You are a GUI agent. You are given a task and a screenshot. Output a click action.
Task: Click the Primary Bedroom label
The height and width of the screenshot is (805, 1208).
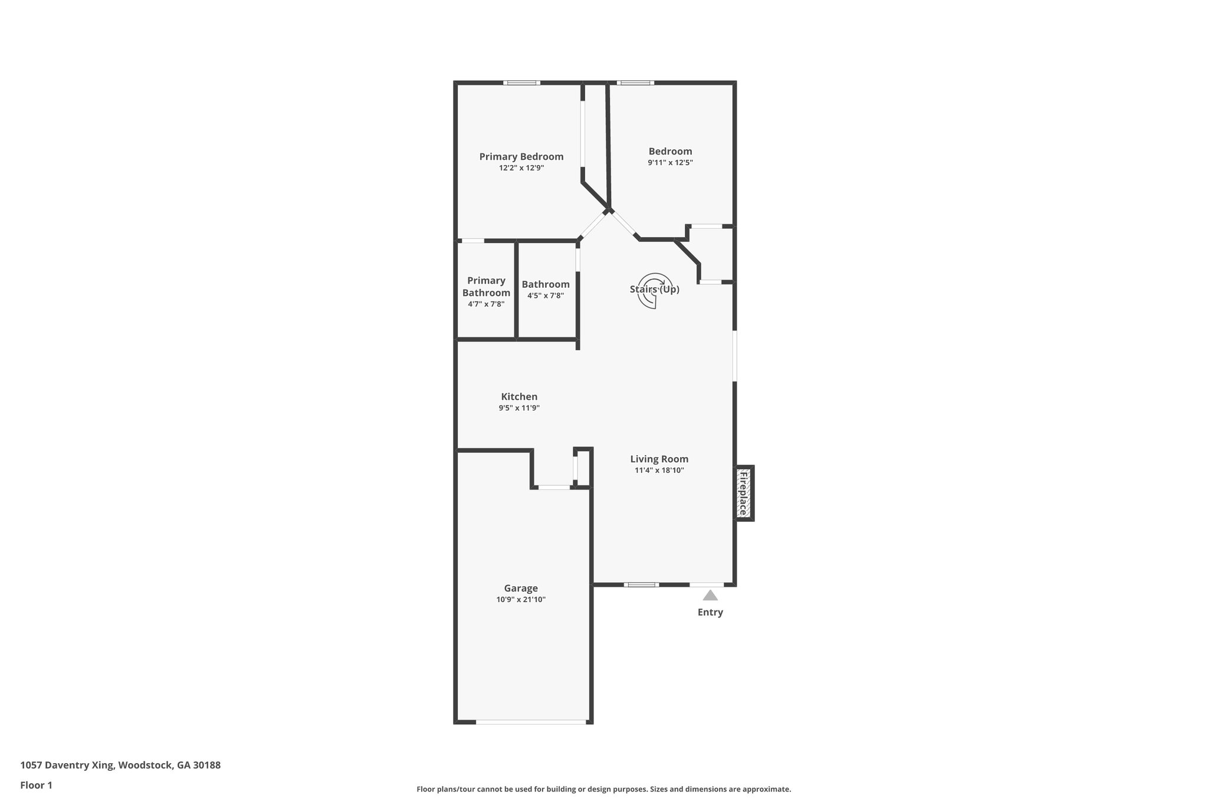tap(521, 156)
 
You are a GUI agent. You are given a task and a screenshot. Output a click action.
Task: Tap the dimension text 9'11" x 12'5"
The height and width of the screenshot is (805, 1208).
tap(670, 163)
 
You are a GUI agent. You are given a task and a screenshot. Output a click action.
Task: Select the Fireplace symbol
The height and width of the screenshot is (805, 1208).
tap(743, 493)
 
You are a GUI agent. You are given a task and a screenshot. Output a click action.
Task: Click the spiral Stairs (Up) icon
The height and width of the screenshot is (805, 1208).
tap(655, 290)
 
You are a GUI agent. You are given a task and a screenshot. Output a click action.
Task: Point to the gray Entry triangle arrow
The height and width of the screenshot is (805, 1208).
tap(710, 596)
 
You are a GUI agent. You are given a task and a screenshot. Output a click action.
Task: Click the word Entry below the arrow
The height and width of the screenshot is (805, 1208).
tap(710, 612)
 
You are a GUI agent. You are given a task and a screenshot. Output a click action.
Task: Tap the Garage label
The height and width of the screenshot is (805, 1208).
tap(521, 588)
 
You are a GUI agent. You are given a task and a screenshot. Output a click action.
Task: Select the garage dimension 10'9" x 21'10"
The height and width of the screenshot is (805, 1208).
tap(521, 600)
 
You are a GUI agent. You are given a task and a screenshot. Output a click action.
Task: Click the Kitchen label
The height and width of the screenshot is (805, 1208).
tap(519, 396)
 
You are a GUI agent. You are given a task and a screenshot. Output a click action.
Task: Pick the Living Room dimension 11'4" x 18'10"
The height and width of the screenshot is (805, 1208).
tap(659, 471)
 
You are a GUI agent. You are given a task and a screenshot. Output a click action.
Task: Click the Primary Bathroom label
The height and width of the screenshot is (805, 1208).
tap(486, 287)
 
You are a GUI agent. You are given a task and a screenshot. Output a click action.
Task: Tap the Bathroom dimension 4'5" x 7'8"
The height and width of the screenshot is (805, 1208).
tap(546, 296)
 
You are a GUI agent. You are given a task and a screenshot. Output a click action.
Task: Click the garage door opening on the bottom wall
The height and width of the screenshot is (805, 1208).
tap(531, 722)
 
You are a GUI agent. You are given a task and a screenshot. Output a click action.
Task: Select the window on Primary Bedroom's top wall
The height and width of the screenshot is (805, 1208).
tap(521, 83)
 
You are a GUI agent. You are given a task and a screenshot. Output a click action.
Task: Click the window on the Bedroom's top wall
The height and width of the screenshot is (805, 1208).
tap(635, 83)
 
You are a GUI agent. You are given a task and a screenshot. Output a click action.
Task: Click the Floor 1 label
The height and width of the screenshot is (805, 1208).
tap(36, 785)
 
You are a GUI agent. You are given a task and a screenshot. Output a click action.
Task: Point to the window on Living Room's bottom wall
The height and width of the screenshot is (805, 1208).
tap(641, 584)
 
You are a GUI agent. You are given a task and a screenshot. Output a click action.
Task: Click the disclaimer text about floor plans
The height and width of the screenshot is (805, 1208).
tap(603, 789)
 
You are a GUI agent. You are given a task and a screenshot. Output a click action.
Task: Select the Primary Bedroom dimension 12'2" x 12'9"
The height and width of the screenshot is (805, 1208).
tap(521, 168)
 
